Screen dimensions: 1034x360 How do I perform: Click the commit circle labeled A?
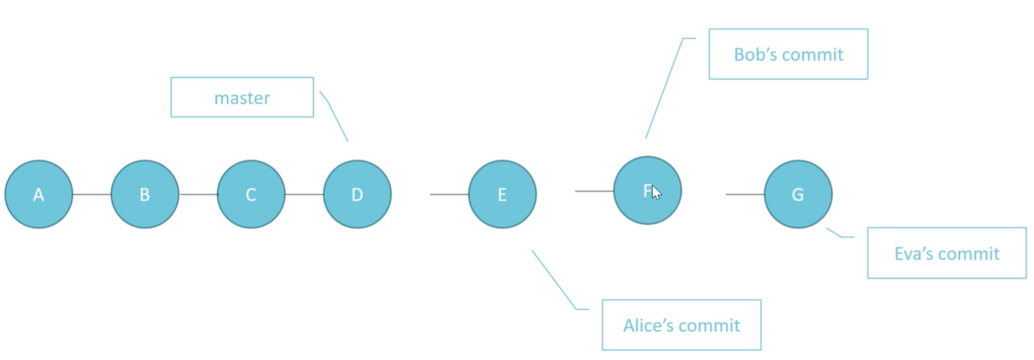pyautogui.click(x=38, y=194)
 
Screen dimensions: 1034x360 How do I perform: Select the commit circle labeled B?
pyautogui.click(x=145, y=194)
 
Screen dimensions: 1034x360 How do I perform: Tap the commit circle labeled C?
pyautogui.click(x=251, y=194)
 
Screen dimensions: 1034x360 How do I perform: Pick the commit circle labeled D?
pyautogui.click(x=357, y=194)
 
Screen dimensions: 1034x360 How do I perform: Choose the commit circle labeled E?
pyautogui.click(x=503, y=194)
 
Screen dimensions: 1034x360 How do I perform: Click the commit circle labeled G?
pyautogui.click(x=798, y=194)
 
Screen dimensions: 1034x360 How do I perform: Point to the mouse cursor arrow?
pyautogui.click(x=656, y=192)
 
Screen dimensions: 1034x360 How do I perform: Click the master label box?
pyautogui.click(x=242, y=97)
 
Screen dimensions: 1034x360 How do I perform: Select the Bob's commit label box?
pyautogui.click(x=789, y=54)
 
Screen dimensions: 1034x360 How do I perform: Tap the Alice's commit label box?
pyautogui.click(x=681, y=325)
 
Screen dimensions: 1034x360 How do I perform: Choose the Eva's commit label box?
pyautogui.click(x=947, y=253)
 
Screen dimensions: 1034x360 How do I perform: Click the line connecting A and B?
pyautogui.click(x=92, y=194)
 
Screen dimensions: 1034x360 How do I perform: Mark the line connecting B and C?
pyautogui.click(x=198, y=194)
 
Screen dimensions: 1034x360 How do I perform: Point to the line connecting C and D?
pyautogui.click(x=305, y=194)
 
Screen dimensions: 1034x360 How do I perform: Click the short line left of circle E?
pyautogui.click(x=449, y=194)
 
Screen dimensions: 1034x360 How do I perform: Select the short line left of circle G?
pyautogui.click(x=745, y=194)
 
